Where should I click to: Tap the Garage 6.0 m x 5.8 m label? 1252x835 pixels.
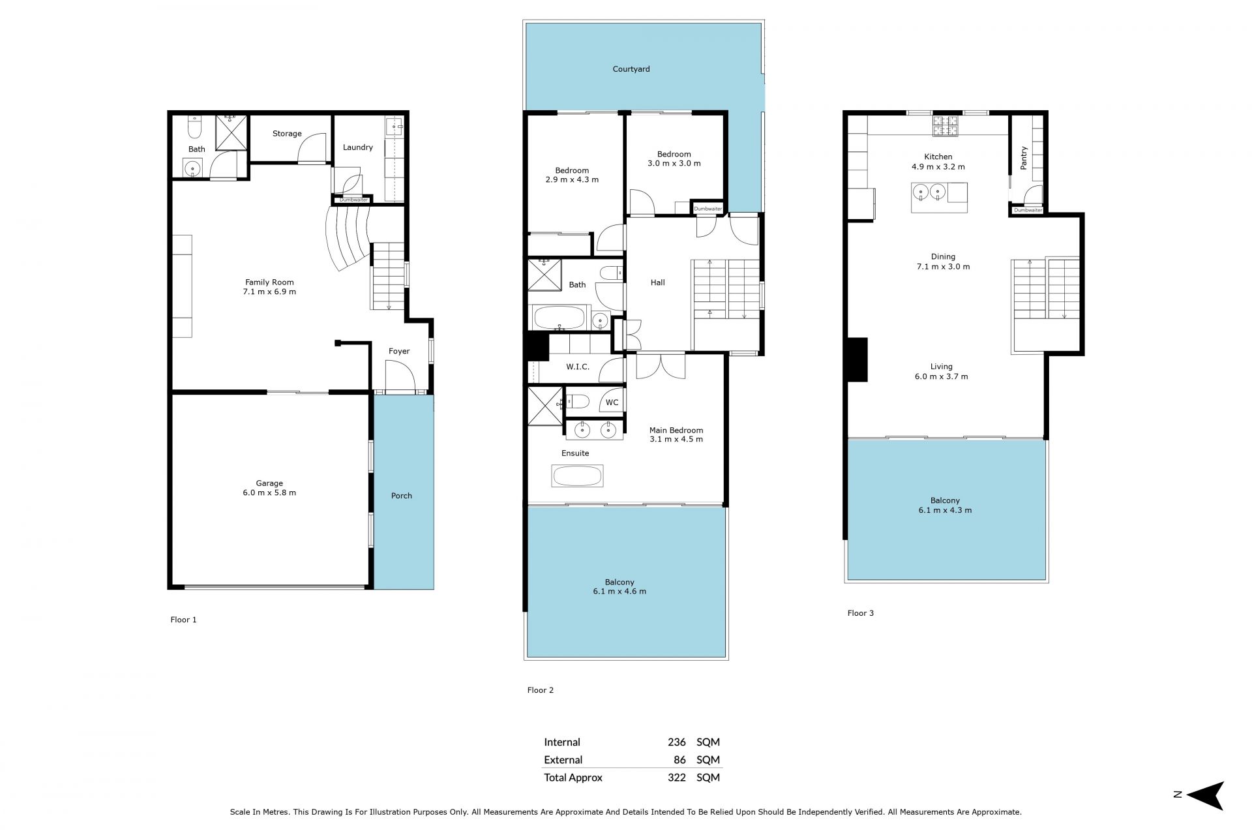269,488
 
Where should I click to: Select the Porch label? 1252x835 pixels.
402,496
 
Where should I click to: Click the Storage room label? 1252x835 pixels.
287,134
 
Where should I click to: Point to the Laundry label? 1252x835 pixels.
358,147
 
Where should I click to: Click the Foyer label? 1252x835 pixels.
399,351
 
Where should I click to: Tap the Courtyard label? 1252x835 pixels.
631,69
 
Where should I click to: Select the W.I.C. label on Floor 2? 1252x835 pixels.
578,367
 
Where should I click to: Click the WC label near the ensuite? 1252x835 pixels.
612,402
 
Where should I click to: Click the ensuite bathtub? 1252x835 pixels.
578,476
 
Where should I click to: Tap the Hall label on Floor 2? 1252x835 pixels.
658,282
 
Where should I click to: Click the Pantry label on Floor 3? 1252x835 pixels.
1024,159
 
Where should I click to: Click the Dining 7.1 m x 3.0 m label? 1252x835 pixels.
943,262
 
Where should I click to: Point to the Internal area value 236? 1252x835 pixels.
677,742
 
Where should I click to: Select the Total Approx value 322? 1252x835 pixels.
677,778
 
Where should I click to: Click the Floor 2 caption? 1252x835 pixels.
541,690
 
